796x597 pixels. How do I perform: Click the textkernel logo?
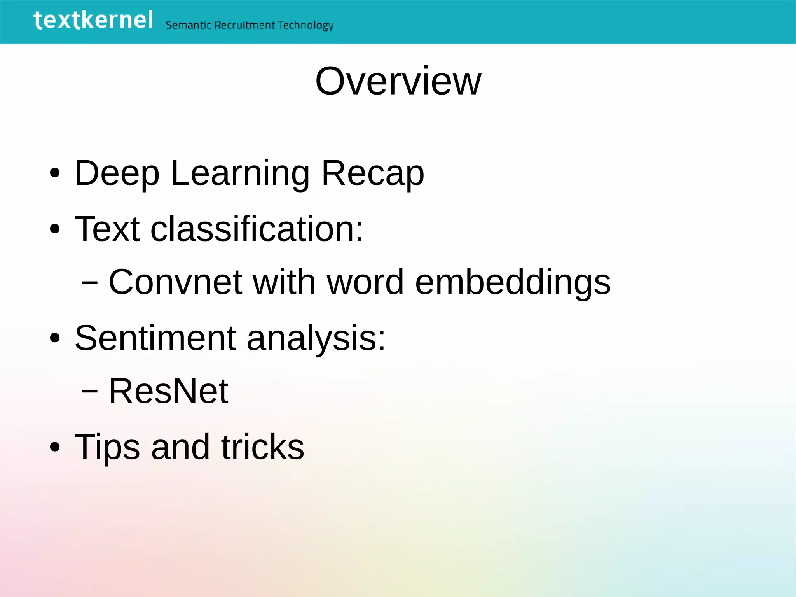[93, 20]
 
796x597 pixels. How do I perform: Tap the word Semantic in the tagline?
[189, 25]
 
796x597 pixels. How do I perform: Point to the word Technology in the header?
[305, 26]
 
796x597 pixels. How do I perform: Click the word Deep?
[117, 173]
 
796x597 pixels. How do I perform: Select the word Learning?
[240, 173]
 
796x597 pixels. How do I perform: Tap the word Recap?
[373, 173]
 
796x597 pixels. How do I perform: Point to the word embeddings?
[513, 282]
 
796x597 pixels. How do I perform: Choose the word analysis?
[316, 338]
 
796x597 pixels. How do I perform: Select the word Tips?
[107, 447]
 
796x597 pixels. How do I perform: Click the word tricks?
[263, 447]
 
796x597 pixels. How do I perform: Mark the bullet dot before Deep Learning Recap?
[55, 173]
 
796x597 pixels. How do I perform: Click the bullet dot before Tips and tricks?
[55, 447]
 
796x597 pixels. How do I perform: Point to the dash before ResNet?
[90, 392]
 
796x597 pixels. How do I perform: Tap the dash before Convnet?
[90, 283]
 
